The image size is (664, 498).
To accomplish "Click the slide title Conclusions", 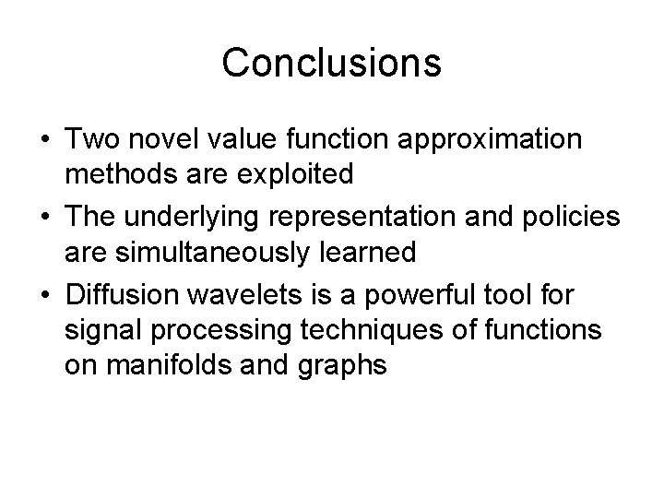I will click(x=332, y=63).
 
